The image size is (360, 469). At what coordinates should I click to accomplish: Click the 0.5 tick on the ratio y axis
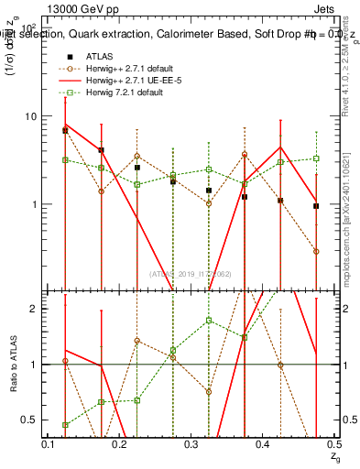click(x=33, y=420)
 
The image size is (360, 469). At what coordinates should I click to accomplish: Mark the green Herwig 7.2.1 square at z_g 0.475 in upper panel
click(x=316, y=158)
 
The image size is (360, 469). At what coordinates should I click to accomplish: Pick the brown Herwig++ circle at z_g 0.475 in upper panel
click(x=316, y=251)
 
